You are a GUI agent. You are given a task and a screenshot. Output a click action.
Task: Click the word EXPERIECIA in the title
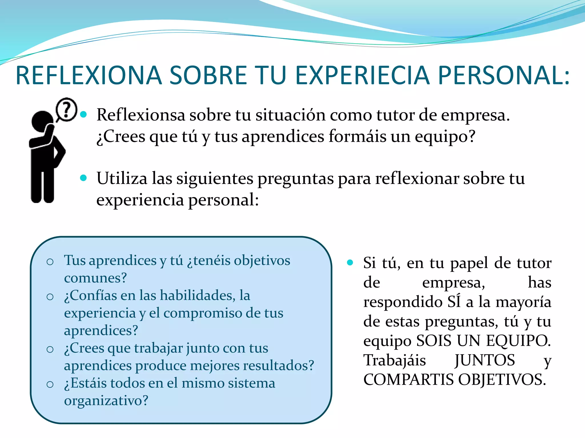pos(362,75)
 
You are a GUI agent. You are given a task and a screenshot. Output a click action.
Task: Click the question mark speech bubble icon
pos(67,109)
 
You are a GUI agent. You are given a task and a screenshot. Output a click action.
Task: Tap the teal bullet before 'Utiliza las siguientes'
pos(83,178)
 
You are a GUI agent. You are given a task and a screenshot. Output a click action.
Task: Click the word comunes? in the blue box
pos(95,278)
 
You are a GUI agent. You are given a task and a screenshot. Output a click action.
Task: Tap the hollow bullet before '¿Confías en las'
pos(50,297)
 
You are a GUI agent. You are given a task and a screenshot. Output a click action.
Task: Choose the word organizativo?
pos(106,401)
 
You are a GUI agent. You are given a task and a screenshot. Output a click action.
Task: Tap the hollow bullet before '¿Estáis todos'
pos(50,384)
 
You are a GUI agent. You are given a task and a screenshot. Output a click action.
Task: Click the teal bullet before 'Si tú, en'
pos(350,262)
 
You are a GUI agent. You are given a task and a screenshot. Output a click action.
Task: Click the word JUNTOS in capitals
pos(485,360)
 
